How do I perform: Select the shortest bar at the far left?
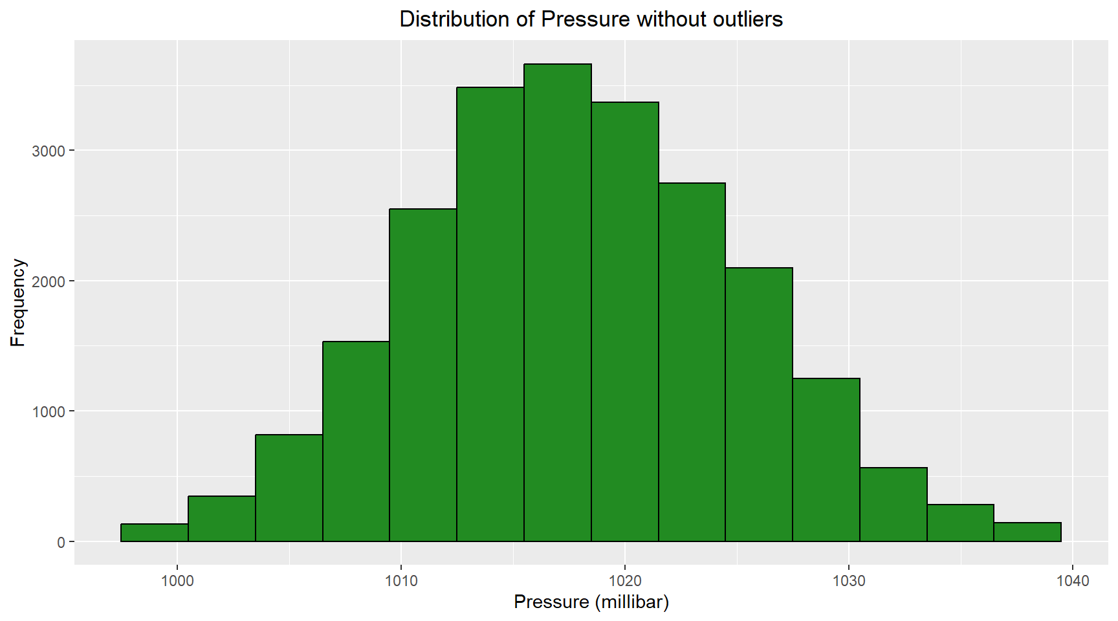(x=154, y=532)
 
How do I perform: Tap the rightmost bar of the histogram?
(x=1027, y=532)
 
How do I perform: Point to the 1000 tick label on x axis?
(x=177, y=581)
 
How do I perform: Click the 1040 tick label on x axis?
(x=1072, y=581)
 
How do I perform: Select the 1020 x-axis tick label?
(x=624, y=581)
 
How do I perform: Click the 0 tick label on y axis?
(x=61, y=542)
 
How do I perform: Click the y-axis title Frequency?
(x=17, y=303)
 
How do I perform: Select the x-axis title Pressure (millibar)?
(x=591, y=602)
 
